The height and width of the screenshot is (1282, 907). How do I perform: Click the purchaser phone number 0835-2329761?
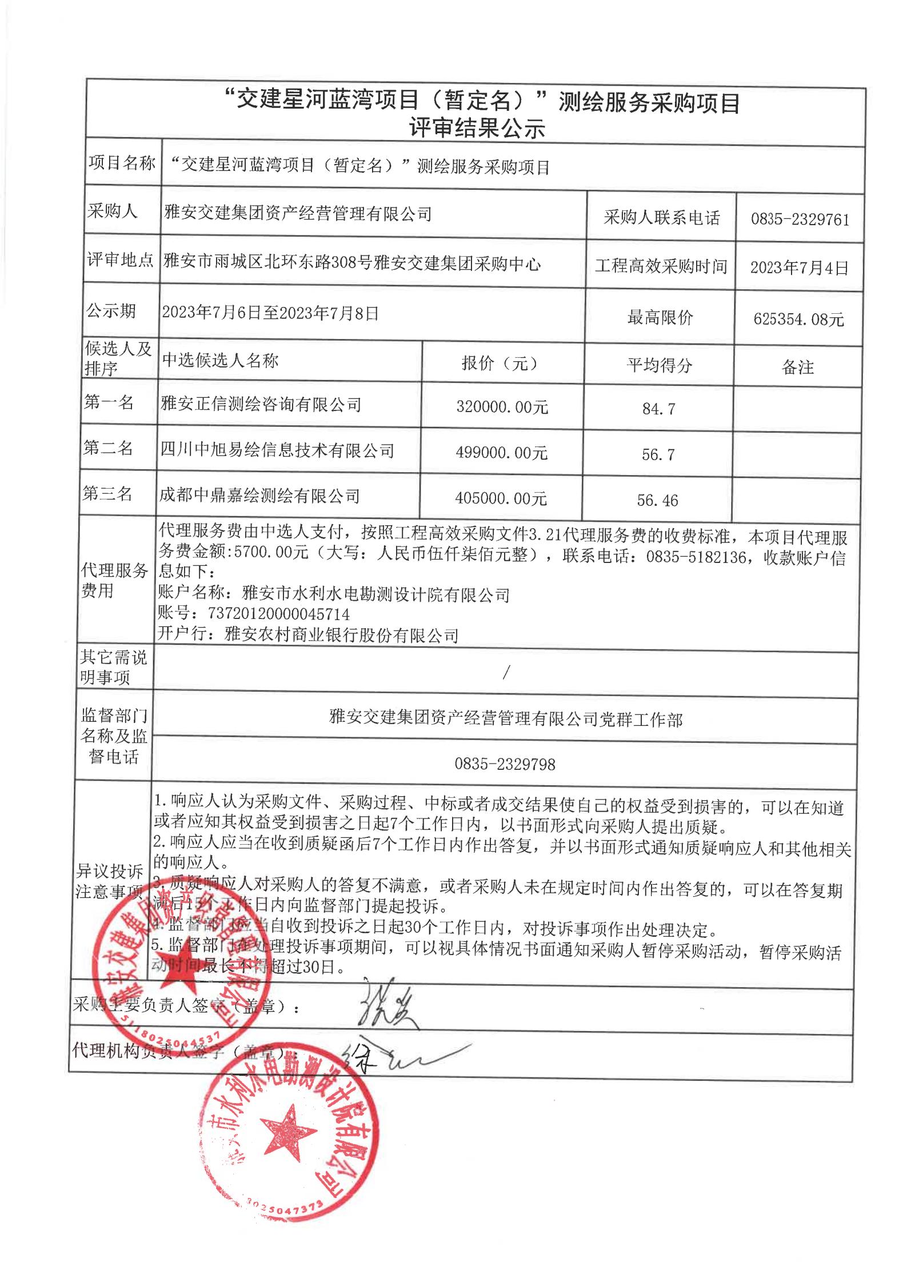[x=800, y=219]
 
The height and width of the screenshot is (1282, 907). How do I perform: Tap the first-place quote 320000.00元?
[x=502, y=407]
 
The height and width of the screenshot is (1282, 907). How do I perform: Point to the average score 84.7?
[x=658, y=409]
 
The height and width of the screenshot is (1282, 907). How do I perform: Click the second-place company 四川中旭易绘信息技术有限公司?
[x=277, y=450]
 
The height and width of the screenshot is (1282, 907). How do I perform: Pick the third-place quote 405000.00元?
[x=501, y=498]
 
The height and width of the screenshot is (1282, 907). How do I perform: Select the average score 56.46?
[x=657, y=501]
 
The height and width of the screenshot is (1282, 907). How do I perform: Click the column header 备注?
[x=797, y=368]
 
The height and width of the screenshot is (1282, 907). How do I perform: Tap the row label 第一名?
[x=109, y=403]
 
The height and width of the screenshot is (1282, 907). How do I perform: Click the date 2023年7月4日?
[x=799, y=268]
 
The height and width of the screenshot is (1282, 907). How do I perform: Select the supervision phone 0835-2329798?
[x=505, y=764]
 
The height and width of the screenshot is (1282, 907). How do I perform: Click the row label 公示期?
[x=111, y=311]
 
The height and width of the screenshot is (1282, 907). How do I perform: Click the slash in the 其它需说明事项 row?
[x=505, y=673]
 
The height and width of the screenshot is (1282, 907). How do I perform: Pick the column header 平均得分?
[x=659, y=366]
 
